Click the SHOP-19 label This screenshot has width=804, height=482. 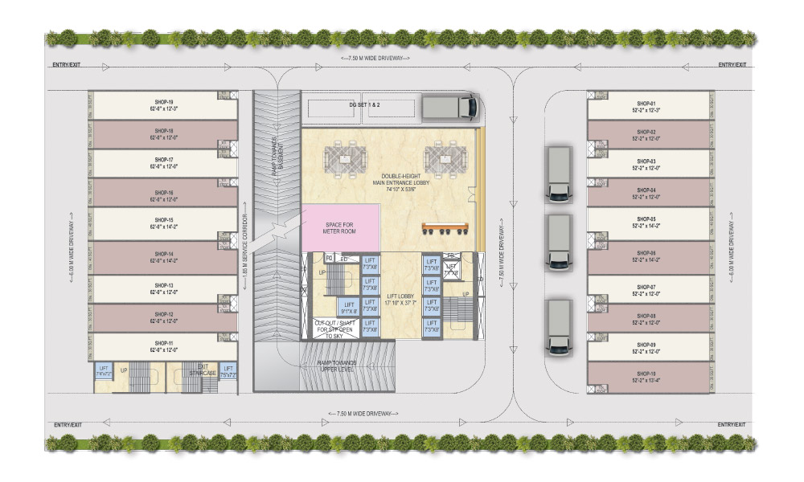(x=164, y=102)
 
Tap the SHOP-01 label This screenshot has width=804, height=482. (x=646, y=104)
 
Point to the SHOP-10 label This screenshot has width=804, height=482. (x=646, y=374)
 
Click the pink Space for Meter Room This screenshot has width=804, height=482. (x=340, y=227)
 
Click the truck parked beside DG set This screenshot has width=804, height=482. (x=449, y=107)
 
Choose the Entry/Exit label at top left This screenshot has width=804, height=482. (x=68, y=64)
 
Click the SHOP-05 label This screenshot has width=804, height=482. (x=646, y=219)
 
